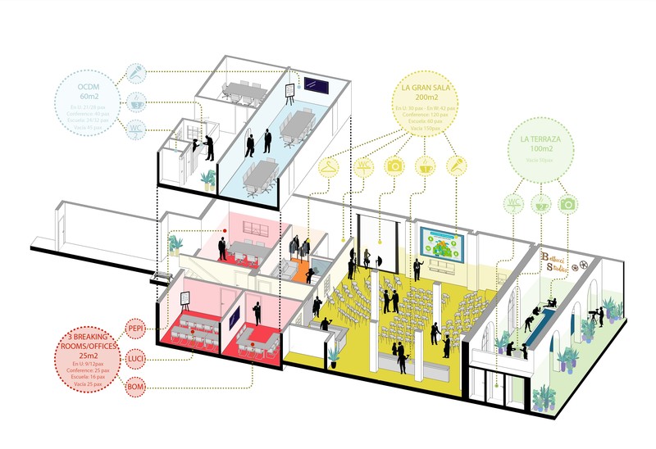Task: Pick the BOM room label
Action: (136, 385)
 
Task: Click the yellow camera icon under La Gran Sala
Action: (394, 166)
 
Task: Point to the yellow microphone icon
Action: (456, 166)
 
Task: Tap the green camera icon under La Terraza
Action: (567, 203)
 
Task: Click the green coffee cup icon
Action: (540, 203)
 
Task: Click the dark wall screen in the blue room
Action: (316, 84)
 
